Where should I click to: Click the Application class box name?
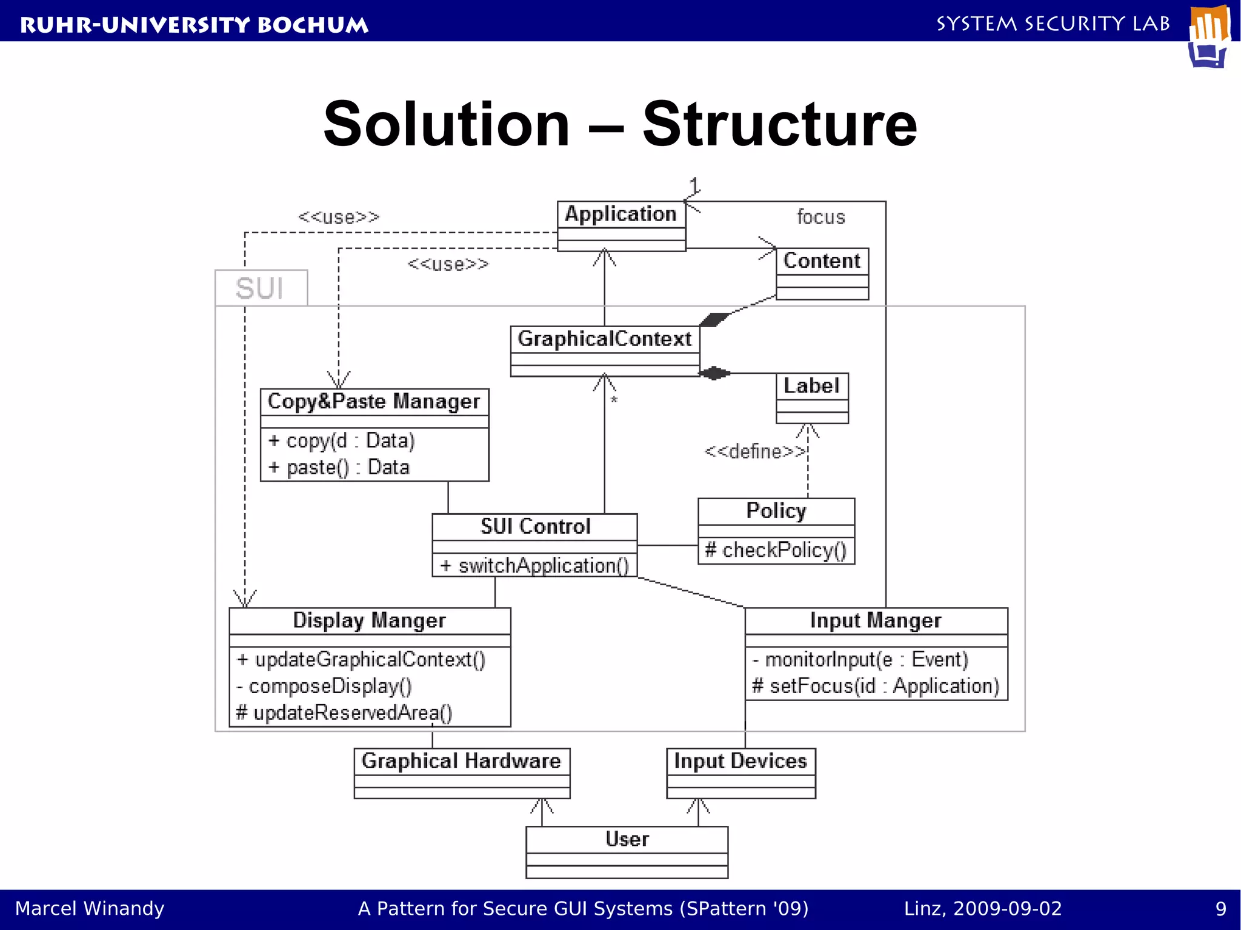[x=620, y=214]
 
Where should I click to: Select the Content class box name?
[x=822, y=261]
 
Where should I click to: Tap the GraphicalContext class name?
[x=604, y=339]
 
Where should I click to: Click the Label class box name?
[x=811, y=385]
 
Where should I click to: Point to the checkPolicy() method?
[x=776, y=550]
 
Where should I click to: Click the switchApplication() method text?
[x=535, y=565]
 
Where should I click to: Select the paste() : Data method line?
[x=339, y=467]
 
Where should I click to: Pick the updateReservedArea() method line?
[x=344, y=712]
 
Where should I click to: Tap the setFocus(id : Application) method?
[x=875, y=686]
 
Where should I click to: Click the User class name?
[x=627, y=839]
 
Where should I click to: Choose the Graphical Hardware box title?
[x=461, y=761]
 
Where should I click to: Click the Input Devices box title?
[x=740, y=761]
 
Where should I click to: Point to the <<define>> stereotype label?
[x=754, y=451]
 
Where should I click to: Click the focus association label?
[x=820, y=217]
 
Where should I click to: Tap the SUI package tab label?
[x=260, y=288]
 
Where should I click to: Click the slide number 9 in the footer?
[x=1220, y=909]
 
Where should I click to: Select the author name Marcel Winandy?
[x=90, y=909]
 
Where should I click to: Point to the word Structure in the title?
[x=779, y=124]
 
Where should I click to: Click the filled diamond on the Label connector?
[x=715, y=373]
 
